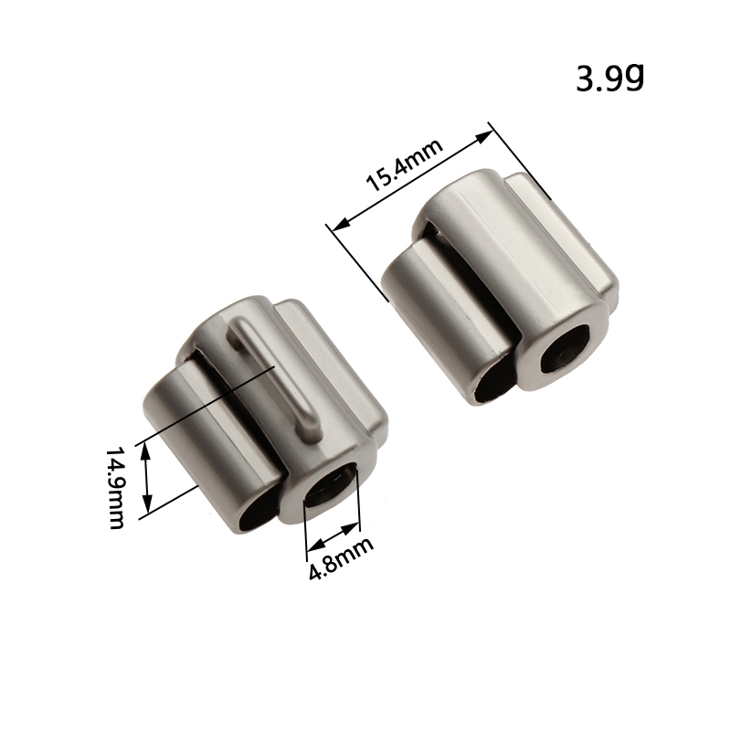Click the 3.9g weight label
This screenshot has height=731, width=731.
[x=609, y=79]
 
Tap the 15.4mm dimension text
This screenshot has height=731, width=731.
[x=405, y=164]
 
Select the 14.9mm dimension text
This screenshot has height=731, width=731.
[x=116, y=488]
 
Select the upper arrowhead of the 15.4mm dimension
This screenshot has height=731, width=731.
[x=483, y=136]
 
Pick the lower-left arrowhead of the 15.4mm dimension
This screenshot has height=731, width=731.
[x=341, y=224]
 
